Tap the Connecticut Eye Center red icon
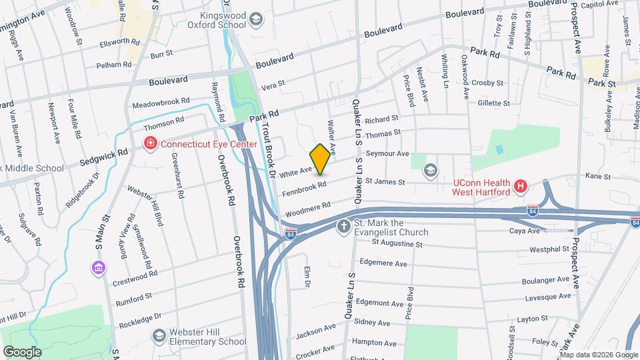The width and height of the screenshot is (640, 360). pos(151,143)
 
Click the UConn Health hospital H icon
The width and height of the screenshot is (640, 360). pos(522,187)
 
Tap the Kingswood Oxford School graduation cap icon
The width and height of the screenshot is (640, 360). pos(256,20)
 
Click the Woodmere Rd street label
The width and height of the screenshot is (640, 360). pos(307,209)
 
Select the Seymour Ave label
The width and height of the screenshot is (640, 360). pos(393,153)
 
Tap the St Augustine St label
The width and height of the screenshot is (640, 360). pos(397,244)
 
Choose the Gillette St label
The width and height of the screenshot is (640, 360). pos(493,103)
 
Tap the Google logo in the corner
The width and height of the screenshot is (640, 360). pos(22,351)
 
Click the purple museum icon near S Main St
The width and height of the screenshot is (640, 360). pos(98,268)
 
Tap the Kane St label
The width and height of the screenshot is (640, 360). pos(598,176)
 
